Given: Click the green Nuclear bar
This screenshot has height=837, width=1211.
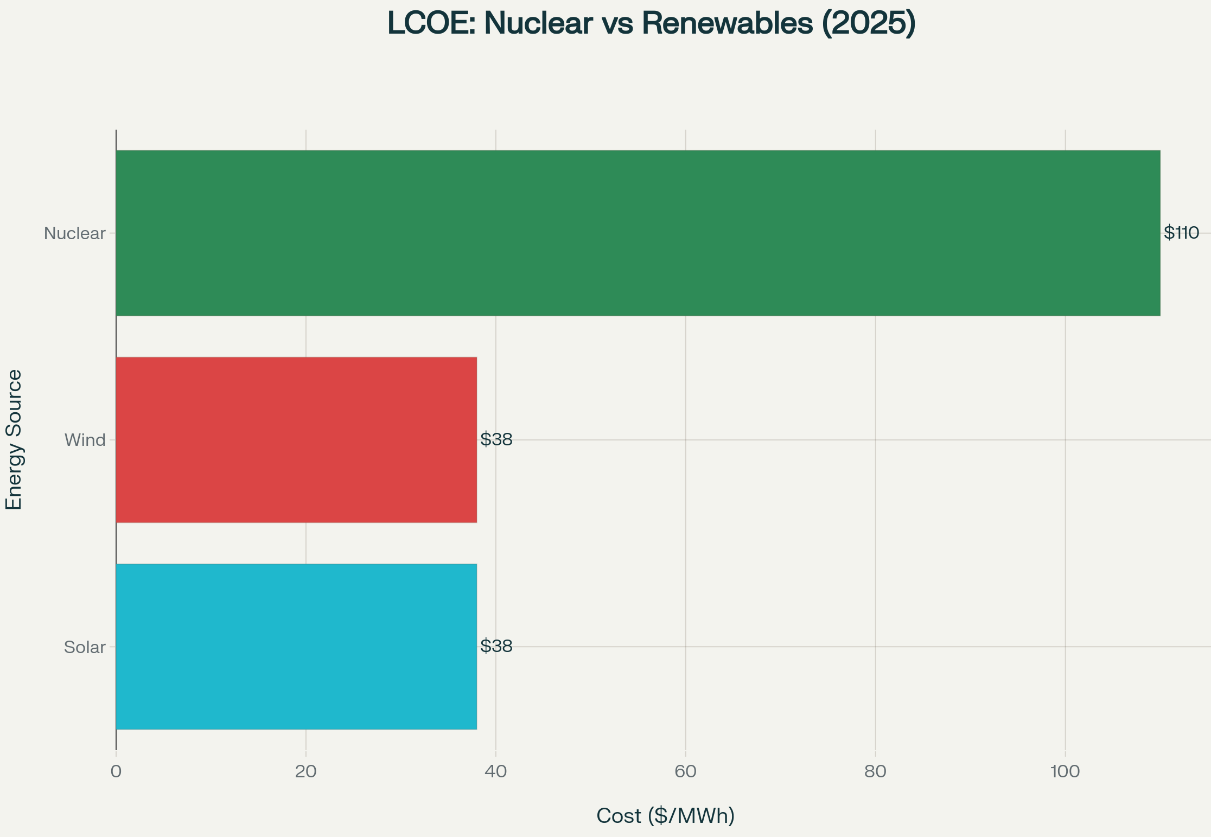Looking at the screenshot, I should point(638,233).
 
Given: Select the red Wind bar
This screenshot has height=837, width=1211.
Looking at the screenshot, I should point(296,440).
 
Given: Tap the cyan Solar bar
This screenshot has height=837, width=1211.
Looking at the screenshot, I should point(296,647).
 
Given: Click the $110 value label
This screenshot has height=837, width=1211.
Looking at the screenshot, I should point(1181,233).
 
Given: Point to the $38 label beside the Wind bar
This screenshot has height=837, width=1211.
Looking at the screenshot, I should point(496,440).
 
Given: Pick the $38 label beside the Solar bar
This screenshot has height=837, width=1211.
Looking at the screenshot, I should point(496,647).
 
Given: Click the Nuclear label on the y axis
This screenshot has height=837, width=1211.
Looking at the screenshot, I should point(74,234).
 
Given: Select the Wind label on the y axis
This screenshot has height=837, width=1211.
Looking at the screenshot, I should point(85,440).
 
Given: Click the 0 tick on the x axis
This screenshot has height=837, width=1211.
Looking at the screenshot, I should point(116,772).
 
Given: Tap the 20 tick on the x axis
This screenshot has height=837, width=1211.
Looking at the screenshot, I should point(305,772).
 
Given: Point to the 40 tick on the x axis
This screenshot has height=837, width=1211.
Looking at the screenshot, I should point(495,772).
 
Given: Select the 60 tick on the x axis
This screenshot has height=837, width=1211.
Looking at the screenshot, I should point(685,772).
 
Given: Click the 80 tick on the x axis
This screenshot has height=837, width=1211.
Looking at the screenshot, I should point(875,772).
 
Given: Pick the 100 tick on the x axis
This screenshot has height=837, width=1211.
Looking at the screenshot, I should point(1065,772).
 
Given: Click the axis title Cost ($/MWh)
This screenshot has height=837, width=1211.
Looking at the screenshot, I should point(665,816).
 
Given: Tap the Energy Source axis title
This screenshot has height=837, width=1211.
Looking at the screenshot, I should point(14,440).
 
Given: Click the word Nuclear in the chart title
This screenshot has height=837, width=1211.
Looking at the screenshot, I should point(538,24).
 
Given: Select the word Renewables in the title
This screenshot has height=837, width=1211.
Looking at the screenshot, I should point(728,24).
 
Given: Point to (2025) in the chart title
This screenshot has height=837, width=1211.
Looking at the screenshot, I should point(869,24).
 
